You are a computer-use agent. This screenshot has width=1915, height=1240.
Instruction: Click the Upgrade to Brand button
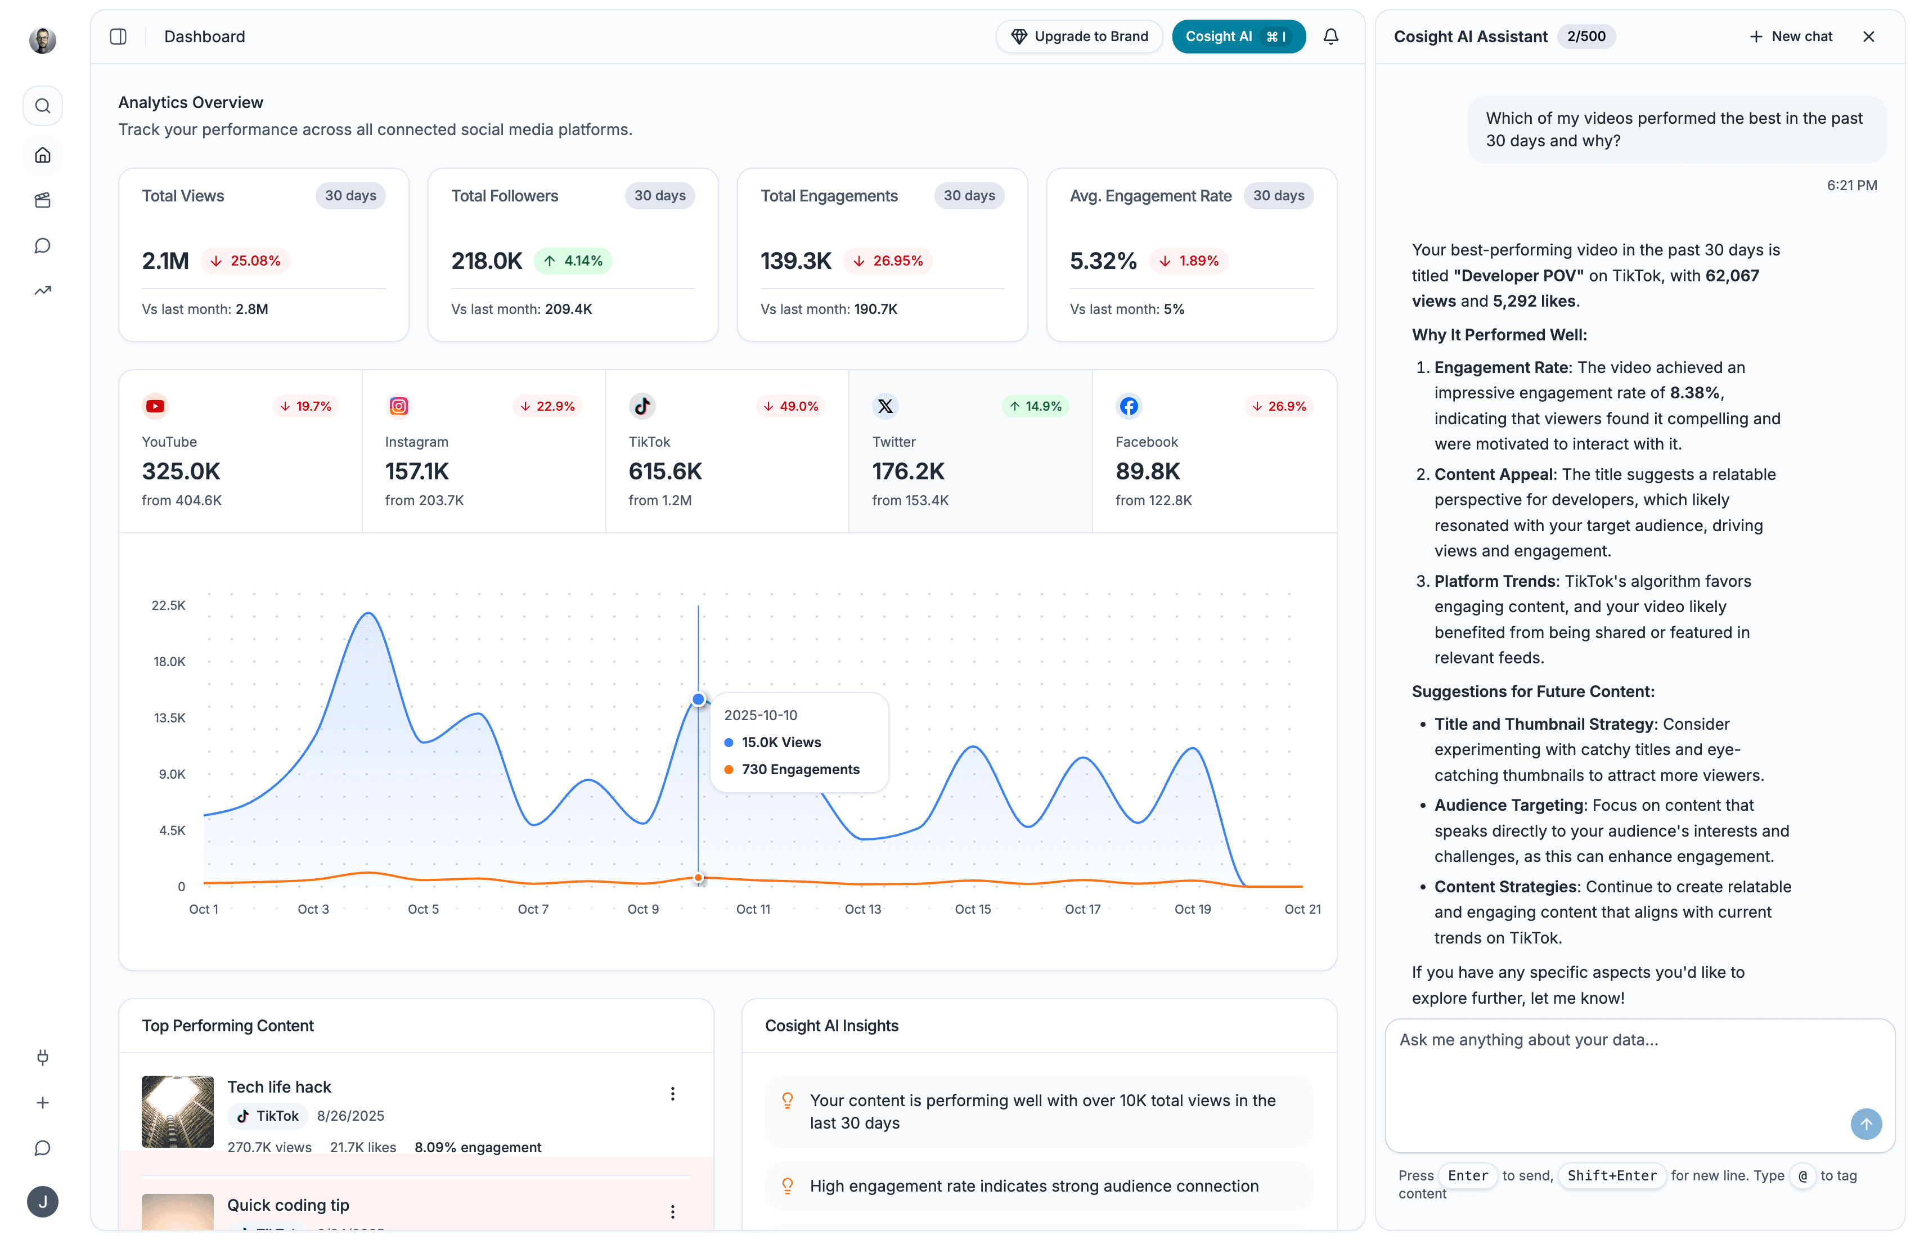1078,36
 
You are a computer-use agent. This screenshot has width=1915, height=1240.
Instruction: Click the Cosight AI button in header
1237,36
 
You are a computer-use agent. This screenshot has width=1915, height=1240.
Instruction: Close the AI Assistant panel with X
1868,36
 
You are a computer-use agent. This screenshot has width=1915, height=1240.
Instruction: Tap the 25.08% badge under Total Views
245,260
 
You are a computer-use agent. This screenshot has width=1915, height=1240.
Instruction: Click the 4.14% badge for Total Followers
573,260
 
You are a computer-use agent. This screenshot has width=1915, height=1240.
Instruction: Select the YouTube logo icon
155,406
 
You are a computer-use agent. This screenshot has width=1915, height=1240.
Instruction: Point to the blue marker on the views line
698,699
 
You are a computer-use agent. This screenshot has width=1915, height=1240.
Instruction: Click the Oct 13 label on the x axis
862,909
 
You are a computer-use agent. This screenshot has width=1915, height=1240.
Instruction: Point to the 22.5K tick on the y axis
168,605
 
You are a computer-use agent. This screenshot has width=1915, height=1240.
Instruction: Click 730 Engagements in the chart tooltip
800,769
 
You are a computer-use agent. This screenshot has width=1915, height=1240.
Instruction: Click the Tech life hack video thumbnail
178,1111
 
